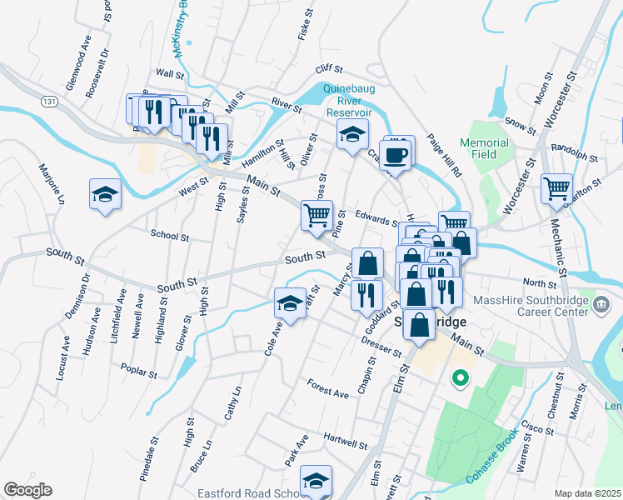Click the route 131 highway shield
point(52,101)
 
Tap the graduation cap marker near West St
point(106,195)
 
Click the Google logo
point(27,490)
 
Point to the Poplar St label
point(139,370)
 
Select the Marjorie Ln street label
point(51,184)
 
